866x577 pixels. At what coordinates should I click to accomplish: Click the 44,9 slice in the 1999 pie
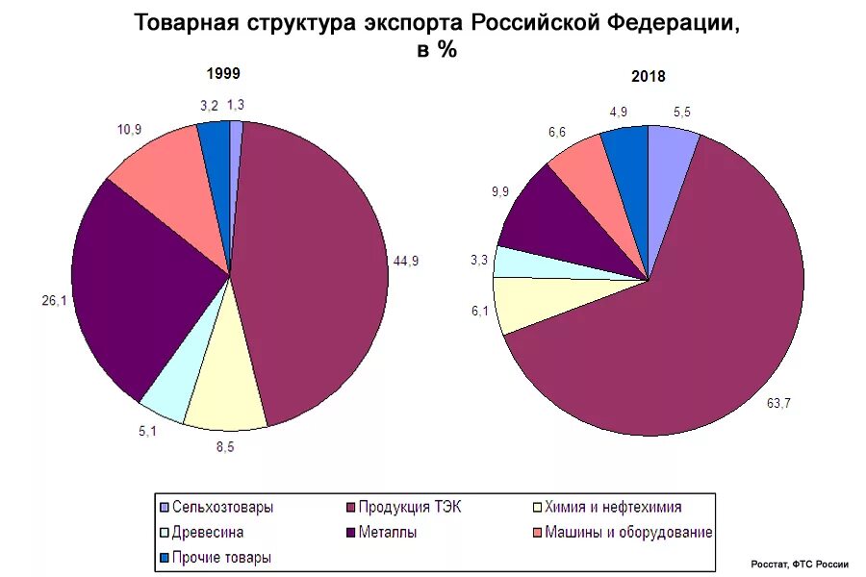[308, 269]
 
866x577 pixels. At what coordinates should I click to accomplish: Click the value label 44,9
[406, 261]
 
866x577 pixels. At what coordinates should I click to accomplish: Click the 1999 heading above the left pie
[223, 74]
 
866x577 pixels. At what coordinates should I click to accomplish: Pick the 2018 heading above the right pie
[649, 78]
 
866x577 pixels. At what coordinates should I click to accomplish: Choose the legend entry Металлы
[388, 532]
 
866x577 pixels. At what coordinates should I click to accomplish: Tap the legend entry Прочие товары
[221, 557]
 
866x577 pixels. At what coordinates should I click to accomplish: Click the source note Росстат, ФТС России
[800, 564]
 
